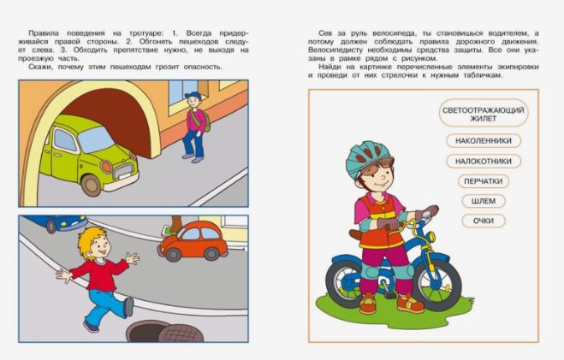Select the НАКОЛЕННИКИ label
483,140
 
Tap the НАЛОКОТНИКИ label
483,161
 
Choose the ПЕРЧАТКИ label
483,181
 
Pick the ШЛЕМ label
483,201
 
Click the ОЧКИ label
483,221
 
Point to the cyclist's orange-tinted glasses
377,167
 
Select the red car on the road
193,240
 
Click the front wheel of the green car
91,186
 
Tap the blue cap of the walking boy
193,97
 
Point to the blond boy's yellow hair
92,239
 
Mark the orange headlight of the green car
106,167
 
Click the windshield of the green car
96,139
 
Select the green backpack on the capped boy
206,121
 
